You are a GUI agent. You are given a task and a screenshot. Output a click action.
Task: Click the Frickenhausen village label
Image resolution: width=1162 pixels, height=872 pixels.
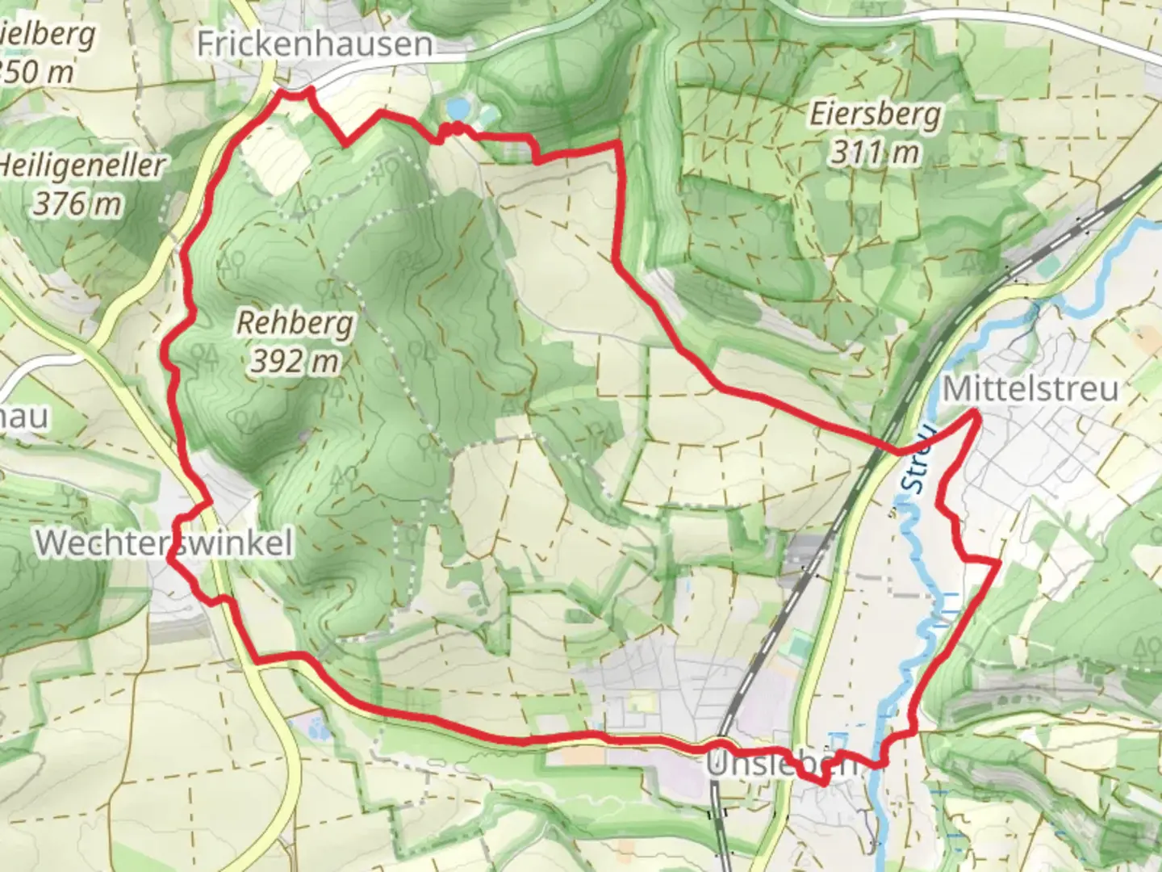tap(315, 44)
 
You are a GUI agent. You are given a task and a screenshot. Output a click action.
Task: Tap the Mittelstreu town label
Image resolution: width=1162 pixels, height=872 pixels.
tap(1030, 389)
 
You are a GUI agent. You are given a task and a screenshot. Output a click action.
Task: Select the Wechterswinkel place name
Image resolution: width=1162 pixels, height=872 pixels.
tap(164, 543)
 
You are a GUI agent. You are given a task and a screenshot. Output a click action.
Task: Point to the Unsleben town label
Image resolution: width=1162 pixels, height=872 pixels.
tap(780, 764)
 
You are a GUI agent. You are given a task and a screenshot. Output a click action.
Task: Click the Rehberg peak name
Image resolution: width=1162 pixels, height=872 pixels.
tap(295, 323)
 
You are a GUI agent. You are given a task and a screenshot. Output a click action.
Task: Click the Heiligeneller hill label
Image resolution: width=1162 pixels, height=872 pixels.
tap(81, 166)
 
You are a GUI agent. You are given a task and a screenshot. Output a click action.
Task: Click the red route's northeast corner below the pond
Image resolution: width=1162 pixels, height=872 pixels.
tap(619, 143)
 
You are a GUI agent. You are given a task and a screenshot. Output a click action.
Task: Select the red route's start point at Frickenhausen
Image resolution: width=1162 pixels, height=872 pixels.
tap(282, 92)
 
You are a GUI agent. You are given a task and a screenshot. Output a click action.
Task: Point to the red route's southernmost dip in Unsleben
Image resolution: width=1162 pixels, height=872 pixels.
tap(823, 782)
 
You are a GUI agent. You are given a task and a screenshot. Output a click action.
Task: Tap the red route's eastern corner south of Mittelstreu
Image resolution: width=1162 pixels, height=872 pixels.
tap(999, 561)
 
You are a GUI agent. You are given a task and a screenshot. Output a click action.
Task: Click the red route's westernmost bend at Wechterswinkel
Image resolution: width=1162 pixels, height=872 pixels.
tap(169, 554)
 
